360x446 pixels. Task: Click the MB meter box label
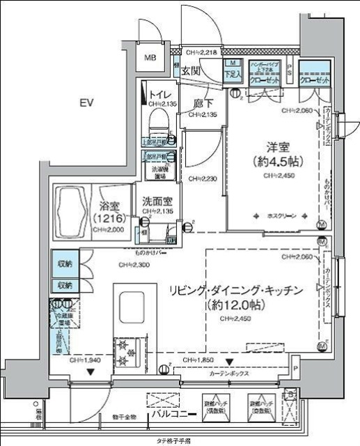[x=150, y=58]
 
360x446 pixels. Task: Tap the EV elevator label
[x=86, y=103]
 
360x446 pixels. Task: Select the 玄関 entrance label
[x=191, y=70]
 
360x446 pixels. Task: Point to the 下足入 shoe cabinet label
[x=233, y=72]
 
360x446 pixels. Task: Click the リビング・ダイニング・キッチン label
[x=235, y=290]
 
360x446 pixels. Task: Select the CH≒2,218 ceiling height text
[x=203, y=52]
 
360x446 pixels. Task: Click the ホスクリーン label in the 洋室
[x=281, y=217]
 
